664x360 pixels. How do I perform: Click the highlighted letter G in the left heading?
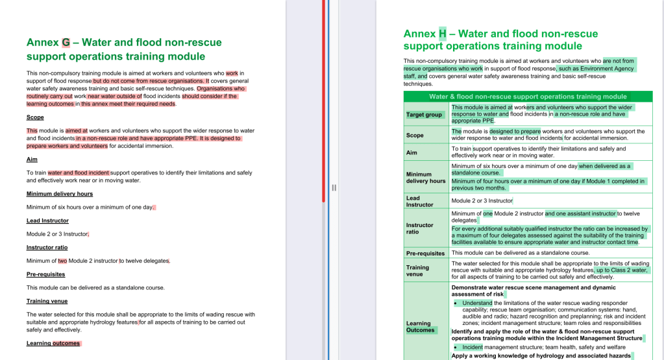66,43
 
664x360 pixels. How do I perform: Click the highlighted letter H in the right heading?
443,34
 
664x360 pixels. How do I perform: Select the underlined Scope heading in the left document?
35,117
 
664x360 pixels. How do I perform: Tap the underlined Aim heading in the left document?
32,160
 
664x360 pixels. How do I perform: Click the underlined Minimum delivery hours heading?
60,194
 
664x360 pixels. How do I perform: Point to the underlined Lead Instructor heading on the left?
47,221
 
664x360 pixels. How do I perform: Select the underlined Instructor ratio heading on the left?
47,247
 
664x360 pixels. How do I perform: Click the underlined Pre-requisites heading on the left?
45,274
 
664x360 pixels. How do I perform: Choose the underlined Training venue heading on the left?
47,301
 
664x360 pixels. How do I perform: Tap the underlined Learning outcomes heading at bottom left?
53,343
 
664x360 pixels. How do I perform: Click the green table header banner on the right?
528,97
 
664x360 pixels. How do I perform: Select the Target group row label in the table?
424,115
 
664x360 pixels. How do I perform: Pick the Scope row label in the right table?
415,136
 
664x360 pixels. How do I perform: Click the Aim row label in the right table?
412,152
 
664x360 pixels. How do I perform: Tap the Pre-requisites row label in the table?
425,253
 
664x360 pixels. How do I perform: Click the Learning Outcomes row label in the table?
420,326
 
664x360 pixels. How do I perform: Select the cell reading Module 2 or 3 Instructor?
482,201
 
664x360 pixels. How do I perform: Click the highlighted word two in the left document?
62,261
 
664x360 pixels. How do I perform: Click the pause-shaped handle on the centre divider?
334,187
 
